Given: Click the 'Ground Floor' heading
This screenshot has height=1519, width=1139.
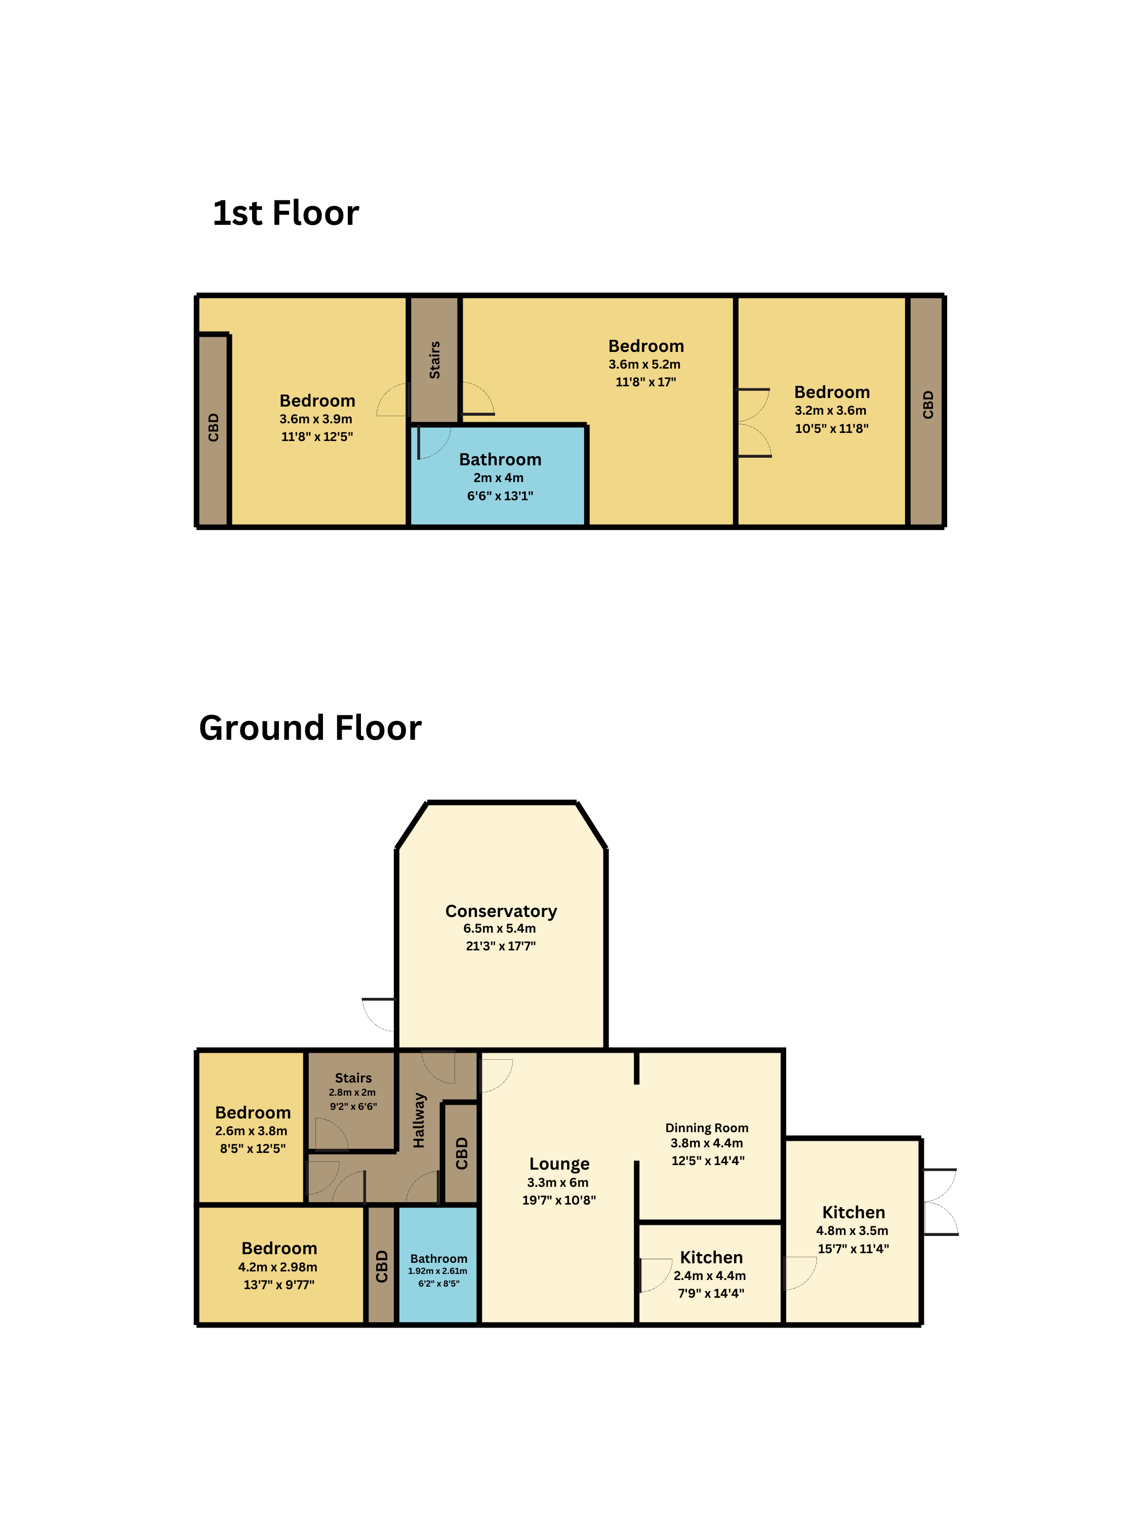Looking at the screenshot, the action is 310,728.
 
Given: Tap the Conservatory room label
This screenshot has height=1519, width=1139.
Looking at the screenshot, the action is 501,911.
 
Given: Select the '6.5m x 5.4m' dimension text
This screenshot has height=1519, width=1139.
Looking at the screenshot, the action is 500,929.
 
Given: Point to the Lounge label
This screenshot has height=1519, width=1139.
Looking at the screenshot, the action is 559,1164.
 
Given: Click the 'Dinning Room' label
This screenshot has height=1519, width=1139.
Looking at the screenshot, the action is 707,1128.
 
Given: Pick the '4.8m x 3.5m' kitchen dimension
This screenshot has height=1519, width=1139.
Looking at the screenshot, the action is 852,1230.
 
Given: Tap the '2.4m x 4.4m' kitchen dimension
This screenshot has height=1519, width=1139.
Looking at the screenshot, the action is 710,1275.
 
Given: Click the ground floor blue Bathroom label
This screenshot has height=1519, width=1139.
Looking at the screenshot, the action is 439,1259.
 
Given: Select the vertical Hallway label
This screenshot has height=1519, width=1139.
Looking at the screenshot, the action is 419,1121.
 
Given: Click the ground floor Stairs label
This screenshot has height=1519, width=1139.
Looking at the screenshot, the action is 353,1078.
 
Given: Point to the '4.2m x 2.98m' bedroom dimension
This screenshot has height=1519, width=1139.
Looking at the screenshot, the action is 278,1267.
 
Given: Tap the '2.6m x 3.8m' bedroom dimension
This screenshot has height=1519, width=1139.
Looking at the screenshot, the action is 251,1131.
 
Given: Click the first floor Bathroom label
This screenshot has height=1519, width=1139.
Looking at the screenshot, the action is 501,459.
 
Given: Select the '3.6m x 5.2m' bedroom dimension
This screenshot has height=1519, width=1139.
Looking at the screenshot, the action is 645,365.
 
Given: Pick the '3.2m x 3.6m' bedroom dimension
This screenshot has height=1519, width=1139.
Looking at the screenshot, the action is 831,411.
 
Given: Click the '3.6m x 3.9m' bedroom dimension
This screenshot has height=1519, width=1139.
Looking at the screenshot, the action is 316,419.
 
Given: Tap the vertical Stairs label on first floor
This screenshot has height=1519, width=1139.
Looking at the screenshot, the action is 434,360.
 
